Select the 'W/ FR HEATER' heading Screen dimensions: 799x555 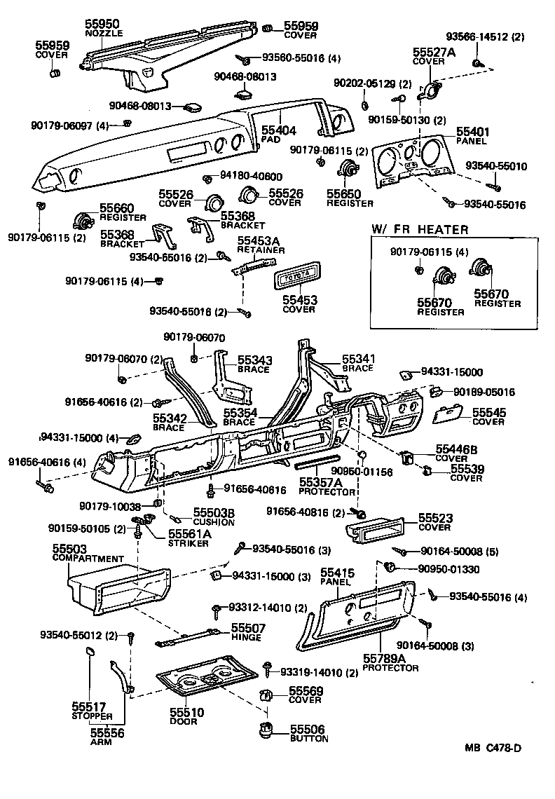(x=419, y=229)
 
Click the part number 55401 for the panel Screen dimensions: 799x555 (x=473, y=132)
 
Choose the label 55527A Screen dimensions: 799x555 (x=433, y=52)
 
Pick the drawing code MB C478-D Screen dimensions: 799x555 (x=493, y=747)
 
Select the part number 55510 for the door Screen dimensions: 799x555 (x=186, y=712)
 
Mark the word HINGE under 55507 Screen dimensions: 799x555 (x=246, y=637)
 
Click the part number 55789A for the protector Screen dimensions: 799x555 (x=385, y=659)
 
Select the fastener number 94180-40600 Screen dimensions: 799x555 (x=252, y=177)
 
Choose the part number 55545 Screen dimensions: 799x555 (x=488, y=414)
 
